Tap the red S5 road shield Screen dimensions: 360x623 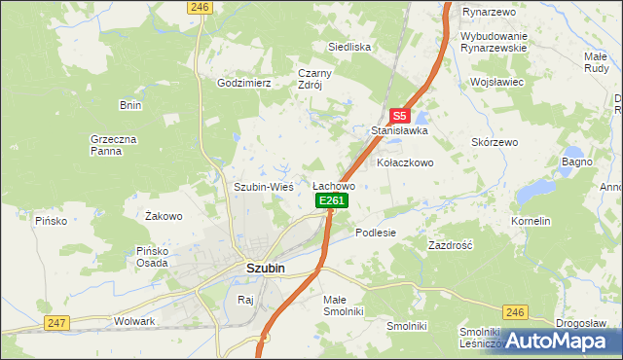[399, 114]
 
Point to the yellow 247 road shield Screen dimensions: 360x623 [56, 321]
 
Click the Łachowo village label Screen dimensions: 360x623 [333, 185]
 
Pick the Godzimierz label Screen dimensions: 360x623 [243, 84]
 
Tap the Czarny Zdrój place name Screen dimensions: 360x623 [315, 78]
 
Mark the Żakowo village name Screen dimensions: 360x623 [164, 216]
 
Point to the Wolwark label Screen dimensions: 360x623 [134, 320]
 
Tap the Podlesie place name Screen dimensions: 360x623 [376, 233]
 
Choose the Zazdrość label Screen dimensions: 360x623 [450, 246]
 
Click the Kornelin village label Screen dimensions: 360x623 [531, 222]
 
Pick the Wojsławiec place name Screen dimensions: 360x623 [496, 83]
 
